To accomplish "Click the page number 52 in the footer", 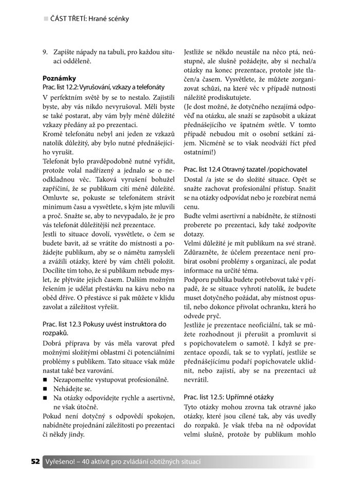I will coord(35,461).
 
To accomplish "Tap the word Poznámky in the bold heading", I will coord(59,78).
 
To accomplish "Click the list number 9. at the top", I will coord(45,51).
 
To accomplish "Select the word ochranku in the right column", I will coord(286,308).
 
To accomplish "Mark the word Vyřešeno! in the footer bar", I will coord(64,461).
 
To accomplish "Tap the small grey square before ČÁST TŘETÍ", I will coord(46,19).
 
